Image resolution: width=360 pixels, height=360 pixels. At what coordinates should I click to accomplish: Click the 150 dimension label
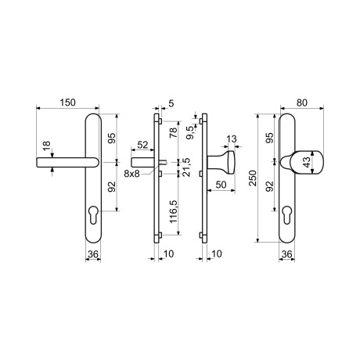click(68, 103)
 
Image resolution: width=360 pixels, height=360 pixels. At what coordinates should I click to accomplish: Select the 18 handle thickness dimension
click(47, 146)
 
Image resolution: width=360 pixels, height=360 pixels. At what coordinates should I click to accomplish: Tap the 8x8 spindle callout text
click(131, 174)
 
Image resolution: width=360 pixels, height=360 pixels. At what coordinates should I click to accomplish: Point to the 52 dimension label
click(142, 145)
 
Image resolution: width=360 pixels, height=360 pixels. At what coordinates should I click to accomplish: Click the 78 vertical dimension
click(173, 131)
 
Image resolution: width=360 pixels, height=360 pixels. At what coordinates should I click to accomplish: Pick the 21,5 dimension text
click(187, 167)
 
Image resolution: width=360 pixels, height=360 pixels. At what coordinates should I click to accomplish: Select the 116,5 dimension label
click(174, 211)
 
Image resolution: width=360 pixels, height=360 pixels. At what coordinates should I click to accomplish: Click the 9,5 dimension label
click(191, 132)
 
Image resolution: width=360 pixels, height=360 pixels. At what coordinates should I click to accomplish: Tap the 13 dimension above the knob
click(232, 139)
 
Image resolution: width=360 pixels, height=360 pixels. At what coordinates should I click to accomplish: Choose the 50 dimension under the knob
click(221, 185)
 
